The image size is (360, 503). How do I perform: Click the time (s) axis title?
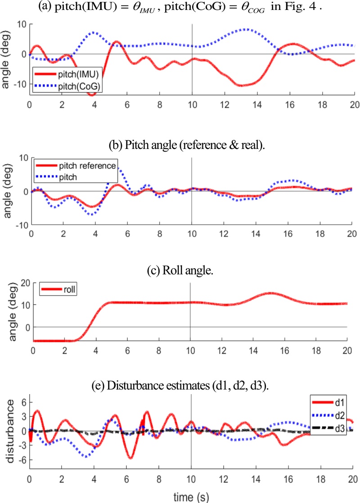pyautogui.click(x=191, y=495)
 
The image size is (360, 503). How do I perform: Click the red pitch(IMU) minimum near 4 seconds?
pyautogui.click(x=91, y=94)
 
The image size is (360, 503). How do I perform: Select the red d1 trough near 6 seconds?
pyautogui.click(x=130, y=458)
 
